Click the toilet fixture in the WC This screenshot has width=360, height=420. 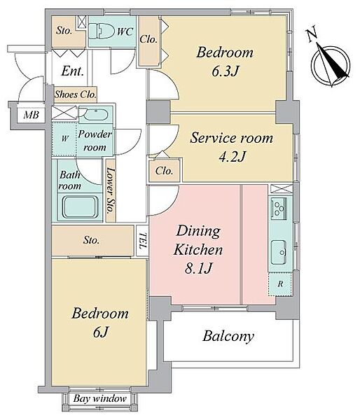click(102, 30)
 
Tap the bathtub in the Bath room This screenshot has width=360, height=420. click(80, 207)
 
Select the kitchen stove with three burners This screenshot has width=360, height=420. click(279, 207)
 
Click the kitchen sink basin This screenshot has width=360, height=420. click(279, 252)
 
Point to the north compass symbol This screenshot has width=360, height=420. click(331, 65)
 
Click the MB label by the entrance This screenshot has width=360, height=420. click(31, 115)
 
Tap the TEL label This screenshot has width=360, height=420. click(143, 241)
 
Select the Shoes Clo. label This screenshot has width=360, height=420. click(76, 94)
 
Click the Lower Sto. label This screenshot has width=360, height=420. click(111, 190)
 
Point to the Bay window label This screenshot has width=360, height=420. click(99, 398)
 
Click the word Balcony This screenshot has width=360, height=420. click(228, 336)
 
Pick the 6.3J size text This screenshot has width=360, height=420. click(225, 71)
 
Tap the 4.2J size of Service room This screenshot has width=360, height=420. click(232, 157)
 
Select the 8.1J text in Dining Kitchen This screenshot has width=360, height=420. click(198, 268)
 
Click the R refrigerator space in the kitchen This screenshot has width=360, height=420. click(280, 284)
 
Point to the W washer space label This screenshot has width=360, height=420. click(64, 139)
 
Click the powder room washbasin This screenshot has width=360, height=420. click(95, 115)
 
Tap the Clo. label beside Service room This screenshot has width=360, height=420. click(164, 171)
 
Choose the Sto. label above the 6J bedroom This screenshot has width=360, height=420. click(91, 240)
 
